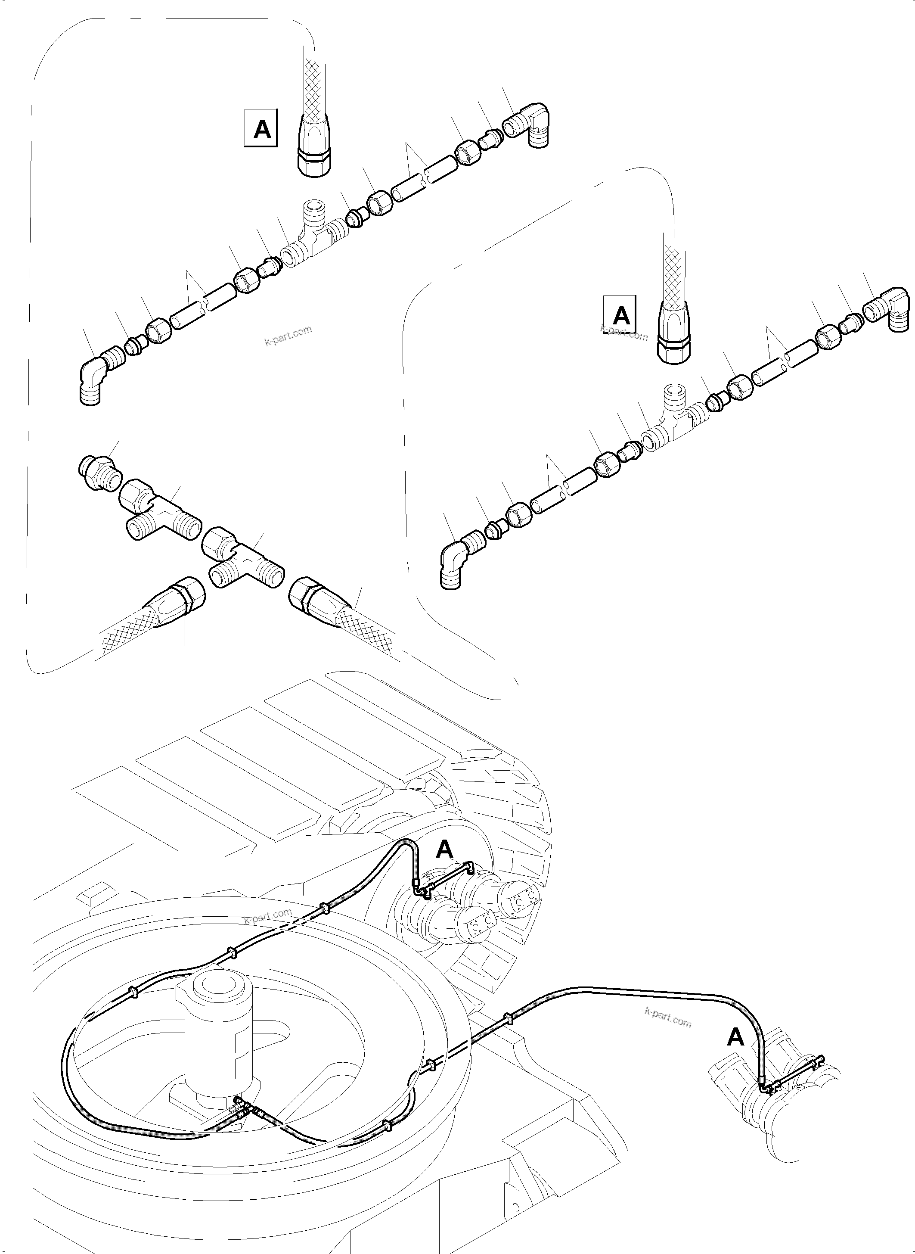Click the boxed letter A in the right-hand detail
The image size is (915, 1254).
click(621, 315)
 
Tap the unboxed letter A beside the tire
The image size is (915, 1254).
click(445, 849)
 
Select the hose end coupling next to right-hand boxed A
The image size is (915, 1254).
click(674, 338)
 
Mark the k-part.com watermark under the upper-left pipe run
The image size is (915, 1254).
click(288, 335)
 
